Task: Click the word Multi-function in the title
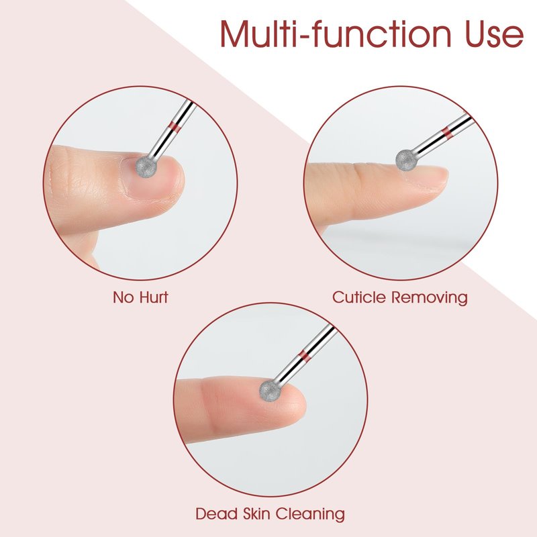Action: [335, 34]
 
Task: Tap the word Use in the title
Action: [494, 34]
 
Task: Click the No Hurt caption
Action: [140, 297]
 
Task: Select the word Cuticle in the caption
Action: [359, 297]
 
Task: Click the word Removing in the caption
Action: [430, 297]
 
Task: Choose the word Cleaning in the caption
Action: [311, 514]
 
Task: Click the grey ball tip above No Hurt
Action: [146, 167]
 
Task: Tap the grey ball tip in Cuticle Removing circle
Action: [406, 160]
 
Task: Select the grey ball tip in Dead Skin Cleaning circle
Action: [270, 390]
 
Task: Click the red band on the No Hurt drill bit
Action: [175, 127]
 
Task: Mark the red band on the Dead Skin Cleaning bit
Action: [305, 356]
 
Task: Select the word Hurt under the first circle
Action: [154, 297]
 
